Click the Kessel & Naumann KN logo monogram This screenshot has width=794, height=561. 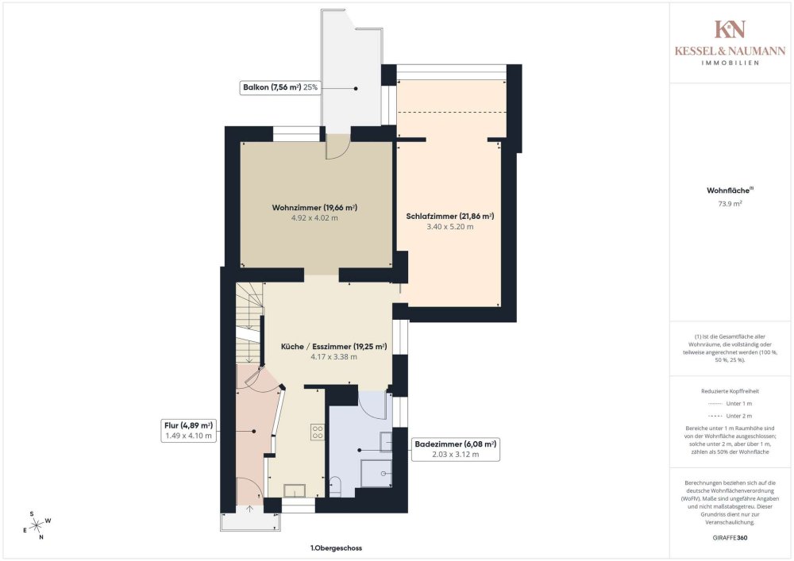[x=730, y=29]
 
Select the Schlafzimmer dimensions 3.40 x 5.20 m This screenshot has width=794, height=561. [x=450, y=227]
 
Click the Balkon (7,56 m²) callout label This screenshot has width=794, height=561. [x=280, y=87]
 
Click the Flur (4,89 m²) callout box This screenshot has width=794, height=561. [x=188, y=431]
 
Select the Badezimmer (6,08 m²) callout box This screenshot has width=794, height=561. [x=455, y=449]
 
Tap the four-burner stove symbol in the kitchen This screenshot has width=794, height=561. [x=318, y=432]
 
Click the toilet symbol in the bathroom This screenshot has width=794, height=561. [x=335, y=486]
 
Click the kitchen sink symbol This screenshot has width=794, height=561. [x=295, y=490]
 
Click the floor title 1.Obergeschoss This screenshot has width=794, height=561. [x=336, y=548]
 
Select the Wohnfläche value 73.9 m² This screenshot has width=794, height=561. [x=730, y=204]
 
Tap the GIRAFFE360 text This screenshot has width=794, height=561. [x=730, y=538]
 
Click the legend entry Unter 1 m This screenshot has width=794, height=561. [x=730, y=404]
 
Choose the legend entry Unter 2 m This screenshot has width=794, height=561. [x=730, y=416]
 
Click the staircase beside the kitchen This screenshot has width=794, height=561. [x=249, y=323]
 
